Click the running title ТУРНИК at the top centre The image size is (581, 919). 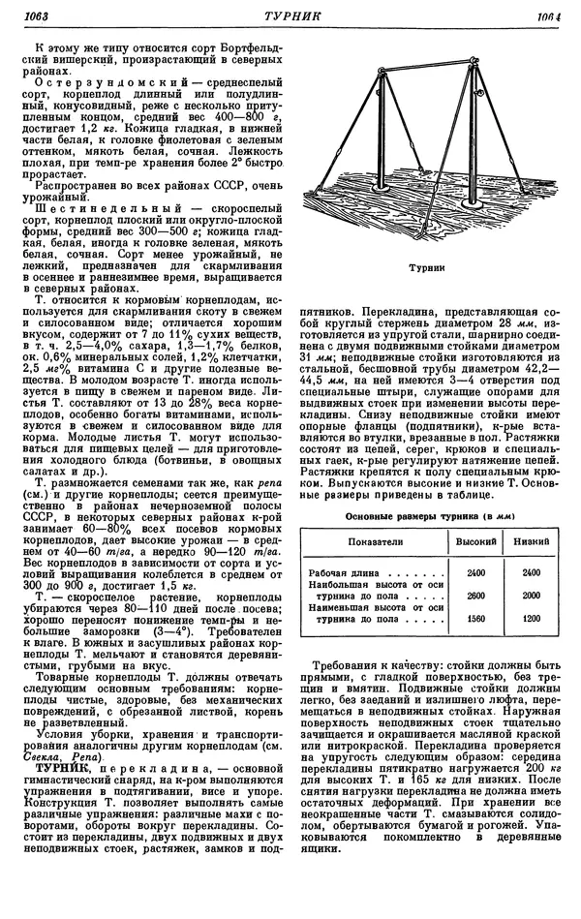click(290, 16)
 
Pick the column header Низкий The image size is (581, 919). click(531, 544)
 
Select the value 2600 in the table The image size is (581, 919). click(474, 596)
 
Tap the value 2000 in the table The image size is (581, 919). click(531, 596)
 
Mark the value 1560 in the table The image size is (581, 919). click(474, 617)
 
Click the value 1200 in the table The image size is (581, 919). click(531, 617)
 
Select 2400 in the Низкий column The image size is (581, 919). click(531, 573)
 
